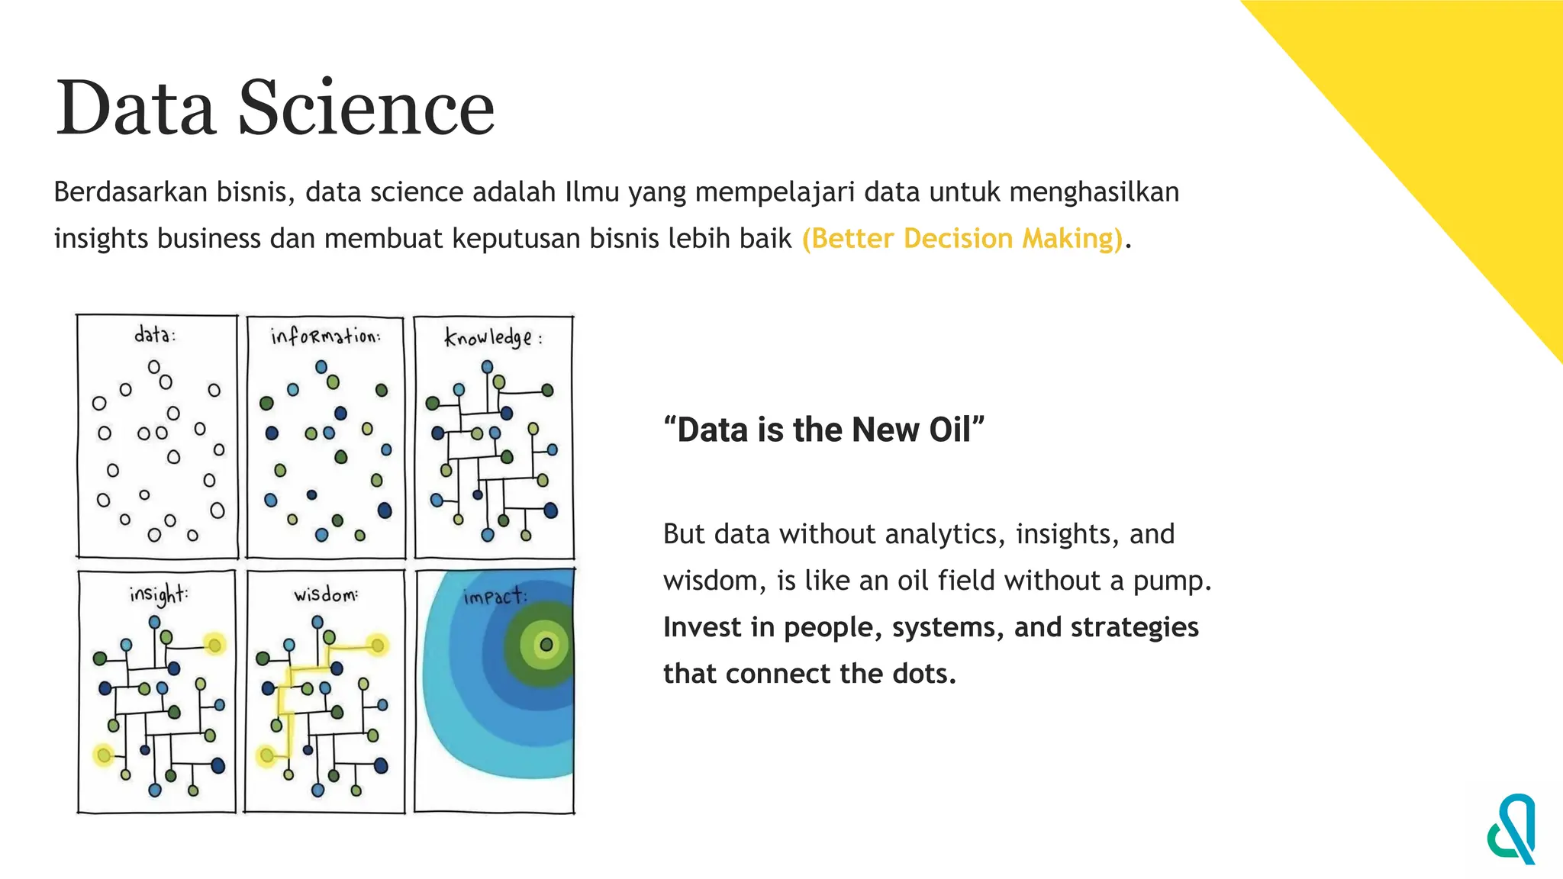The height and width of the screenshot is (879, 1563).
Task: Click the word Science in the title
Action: coord(366,108)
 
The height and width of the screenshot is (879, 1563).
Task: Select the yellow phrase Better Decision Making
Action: coord(962,239)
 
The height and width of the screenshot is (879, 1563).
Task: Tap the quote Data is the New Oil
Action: coord(824,430)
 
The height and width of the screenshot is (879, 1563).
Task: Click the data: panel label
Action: coord(155,334)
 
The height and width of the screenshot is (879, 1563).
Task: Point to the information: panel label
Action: coord(326,336)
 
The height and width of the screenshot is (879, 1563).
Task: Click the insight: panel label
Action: coord(158,594)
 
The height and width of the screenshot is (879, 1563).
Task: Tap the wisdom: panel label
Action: coord(326,594)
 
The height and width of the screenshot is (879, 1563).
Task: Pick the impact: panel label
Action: coord(495,596)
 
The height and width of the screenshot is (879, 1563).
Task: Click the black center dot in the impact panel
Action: coord(546,645)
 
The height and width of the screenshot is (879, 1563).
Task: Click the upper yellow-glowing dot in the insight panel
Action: coord(214,646)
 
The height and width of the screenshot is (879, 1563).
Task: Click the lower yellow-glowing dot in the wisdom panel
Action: coord(266,756)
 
